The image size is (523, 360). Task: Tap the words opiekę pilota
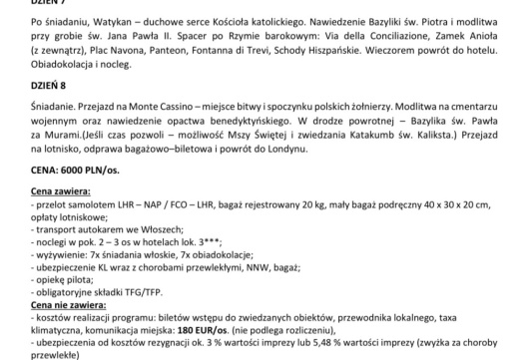(49, 286)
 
